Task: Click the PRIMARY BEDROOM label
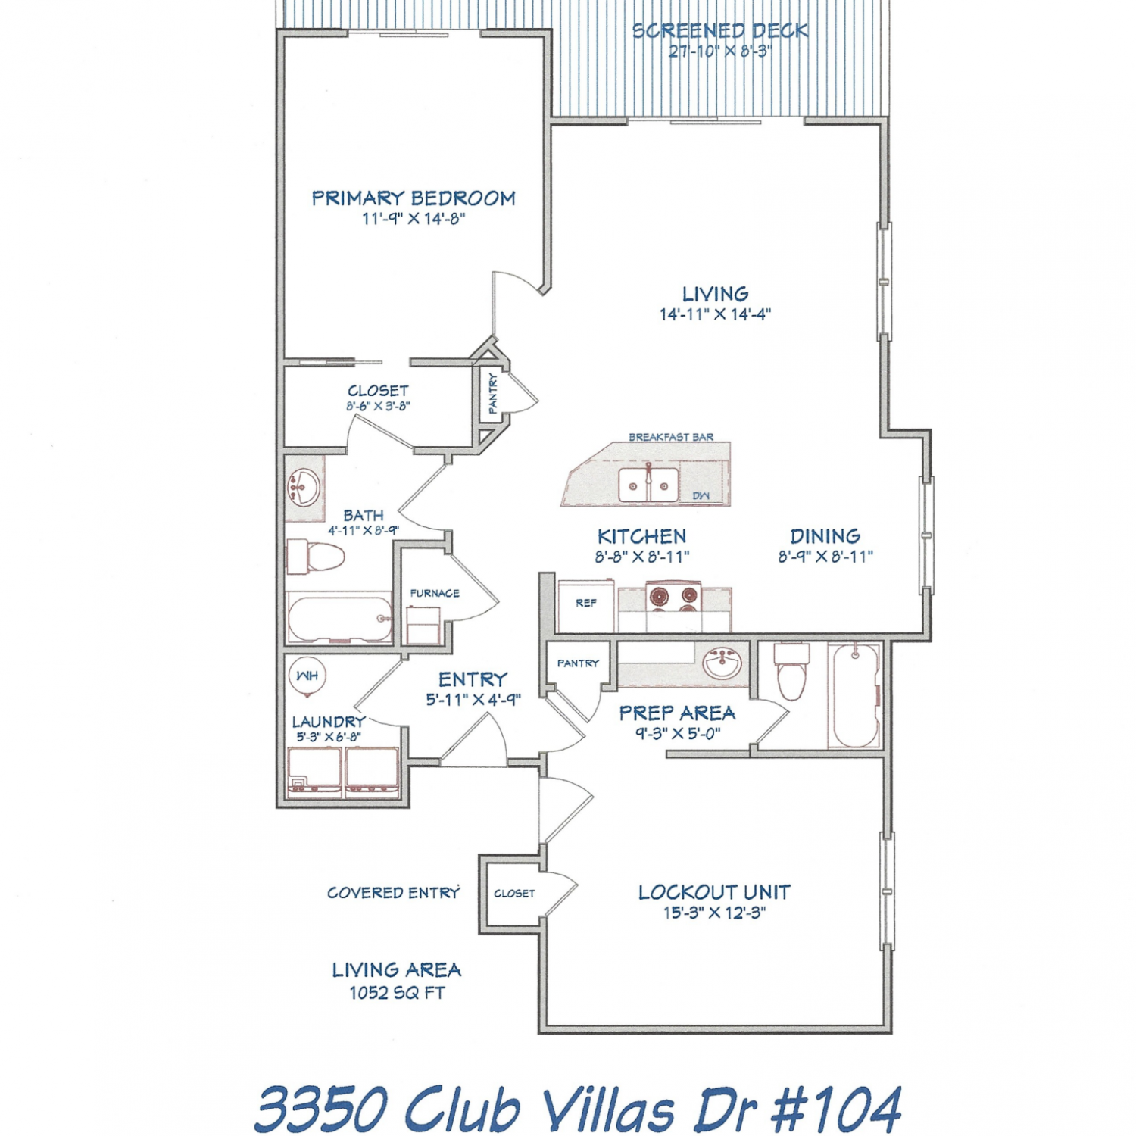(x=414, y=198)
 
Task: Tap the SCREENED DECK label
(x=720, y=31)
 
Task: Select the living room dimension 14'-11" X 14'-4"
(x=715, y=314)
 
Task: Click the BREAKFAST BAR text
(x=671, y=437)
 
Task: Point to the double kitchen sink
(x=648, y=485)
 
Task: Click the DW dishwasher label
(x=701, y=495)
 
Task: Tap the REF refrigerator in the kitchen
(x=586, y=606)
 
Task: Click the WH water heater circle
(x=307, y=676)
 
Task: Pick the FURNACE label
(x=435, y=593)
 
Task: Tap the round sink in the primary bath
(x=304, y=488)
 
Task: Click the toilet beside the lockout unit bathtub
(x=792, y=671)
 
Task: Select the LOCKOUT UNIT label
(x=714, y=892)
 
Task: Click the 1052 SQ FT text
(x=397, y=993)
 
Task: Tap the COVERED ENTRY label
(x=394, y=893)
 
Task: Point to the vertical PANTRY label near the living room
(x=493, y=393)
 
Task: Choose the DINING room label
(x=825, y=536)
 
